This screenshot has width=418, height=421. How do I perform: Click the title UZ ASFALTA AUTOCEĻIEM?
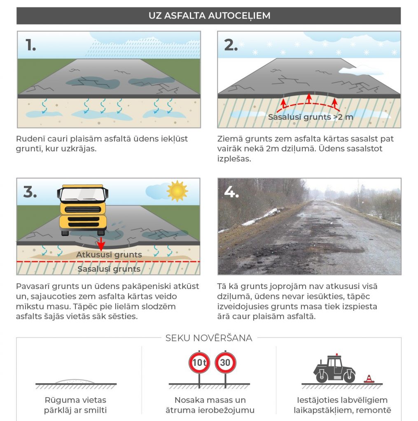[x=209, y=16]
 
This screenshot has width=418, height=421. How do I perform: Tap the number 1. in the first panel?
[x=30, y=45]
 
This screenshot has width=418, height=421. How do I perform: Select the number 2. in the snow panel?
[x=231, y=45]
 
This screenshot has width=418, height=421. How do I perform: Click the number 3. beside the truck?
[x=30, y=192]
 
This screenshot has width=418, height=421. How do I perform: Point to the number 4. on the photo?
[x=231, y=192]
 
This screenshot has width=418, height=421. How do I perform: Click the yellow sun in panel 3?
[x=177, y=191]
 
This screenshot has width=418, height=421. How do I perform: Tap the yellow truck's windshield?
[x=83, y=194]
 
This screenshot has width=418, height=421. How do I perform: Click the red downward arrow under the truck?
[x=101, y=244]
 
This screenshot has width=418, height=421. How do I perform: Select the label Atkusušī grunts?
[x=109, y=254]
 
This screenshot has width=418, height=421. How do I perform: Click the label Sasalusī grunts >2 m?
[x=311, y=117]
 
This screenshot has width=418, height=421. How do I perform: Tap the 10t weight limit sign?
[x=199, y=363]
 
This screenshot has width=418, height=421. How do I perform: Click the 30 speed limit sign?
[x=225, y=363]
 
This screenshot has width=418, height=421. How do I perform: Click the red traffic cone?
[x=369, y=379]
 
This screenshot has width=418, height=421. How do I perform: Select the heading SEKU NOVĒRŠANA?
[x=209, y=338]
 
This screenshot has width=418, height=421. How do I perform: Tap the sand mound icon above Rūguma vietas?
[x=75, y=382]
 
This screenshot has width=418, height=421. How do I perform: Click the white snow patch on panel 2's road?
[x=361, y=71]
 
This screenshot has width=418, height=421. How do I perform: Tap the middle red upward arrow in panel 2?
[x=309, y=99]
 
